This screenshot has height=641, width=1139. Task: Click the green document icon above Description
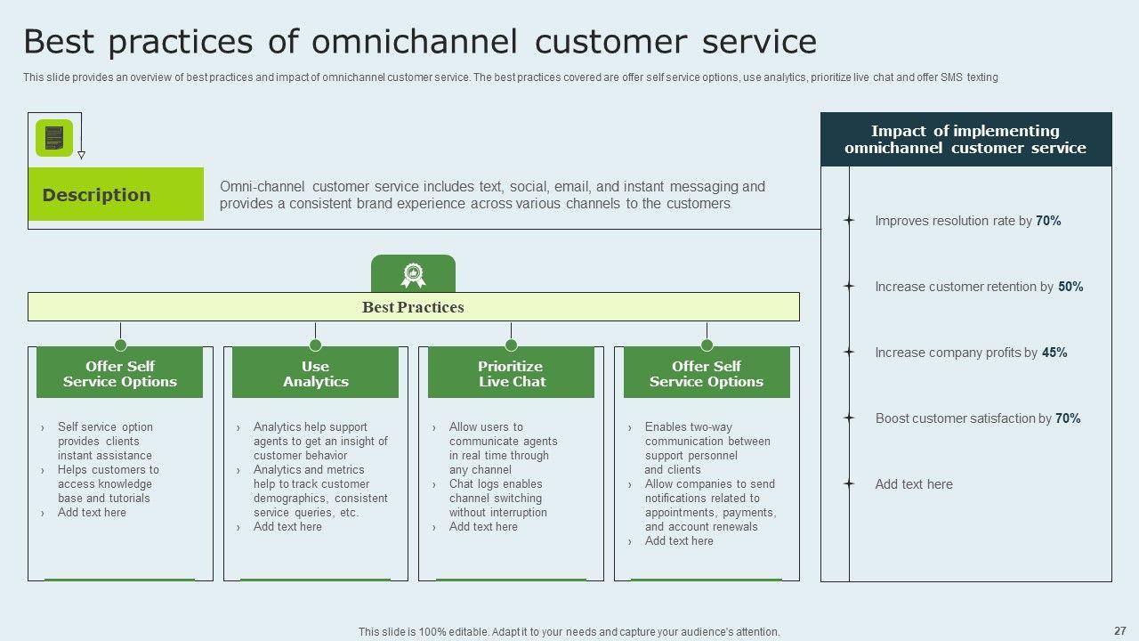[x=54, y=138]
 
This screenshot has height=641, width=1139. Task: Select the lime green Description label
[x=116, y=194]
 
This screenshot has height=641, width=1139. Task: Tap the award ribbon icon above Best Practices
[x=413, y=275]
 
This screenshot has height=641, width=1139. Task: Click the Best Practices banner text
[x=413, y=307]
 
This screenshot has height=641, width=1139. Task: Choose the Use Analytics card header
[x=315, y=372]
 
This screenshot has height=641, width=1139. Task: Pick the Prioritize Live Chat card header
[x=511, y=372]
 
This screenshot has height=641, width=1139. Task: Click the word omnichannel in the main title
[x=415, y=41]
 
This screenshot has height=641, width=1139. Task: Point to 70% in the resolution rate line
[x=1048, y=221]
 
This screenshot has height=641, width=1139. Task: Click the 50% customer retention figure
[x=1070, y=287]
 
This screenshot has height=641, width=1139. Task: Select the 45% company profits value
[x=1054, y=352]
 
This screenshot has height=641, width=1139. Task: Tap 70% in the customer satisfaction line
[x=1068, y=418]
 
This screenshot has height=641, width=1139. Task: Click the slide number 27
[x=1120, y=630]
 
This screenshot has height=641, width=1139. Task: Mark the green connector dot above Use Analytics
[x=315, y=345]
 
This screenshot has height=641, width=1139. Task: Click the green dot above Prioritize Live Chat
[x=511, y=345]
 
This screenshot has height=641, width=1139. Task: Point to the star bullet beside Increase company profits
[x=848, y=352]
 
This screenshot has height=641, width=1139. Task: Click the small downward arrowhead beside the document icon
[x=81, y=155]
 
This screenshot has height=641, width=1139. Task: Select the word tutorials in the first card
[x=129, y=498]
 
